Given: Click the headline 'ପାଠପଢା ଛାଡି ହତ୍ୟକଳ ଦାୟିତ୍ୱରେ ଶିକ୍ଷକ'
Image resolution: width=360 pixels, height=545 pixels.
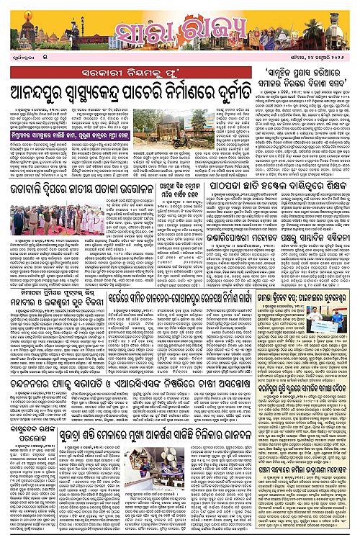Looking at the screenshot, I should pyautogui.click(x=284, y=186).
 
